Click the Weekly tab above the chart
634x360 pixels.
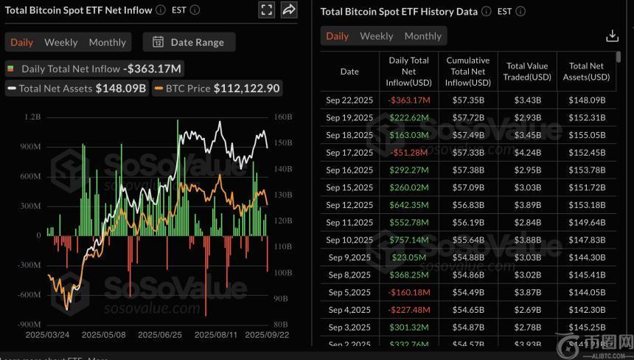click(60, 42)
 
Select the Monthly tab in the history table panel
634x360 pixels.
click(422, 36)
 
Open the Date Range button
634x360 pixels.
click(189, 42)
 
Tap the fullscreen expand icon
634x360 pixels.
click(267, 10)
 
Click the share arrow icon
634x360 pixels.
click(289, 10)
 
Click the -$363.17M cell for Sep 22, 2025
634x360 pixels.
click(409, 100)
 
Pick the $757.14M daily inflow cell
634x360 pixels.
click(409, 240)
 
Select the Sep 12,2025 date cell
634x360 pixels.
click(349, 205)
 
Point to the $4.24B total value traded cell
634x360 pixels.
click(527, 153)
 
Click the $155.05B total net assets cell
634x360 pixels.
click(588, 135)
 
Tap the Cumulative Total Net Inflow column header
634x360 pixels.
click(468, 72)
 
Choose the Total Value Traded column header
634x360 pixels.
click(527, 72)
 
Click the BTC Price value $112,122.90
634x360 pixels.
click(246, 89)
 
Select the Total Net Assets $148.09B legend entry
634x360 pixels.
click(77, 89)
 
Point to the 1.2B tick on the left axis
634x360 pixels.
click(32, 117)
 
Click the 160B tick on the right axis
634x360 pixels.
click(282, 117)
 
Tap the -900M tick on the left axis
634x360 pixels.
click(29, 324)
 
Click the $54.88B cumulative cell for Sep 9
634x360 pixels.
click(468, 257)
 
